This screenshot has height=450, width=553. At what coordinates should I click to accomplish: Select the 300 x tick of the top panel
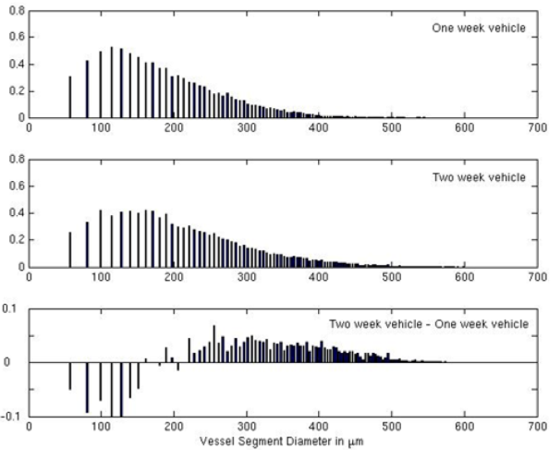coord(246,128)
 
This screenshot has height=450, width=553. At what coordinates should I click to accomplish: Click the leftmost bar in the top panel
coord(70,97)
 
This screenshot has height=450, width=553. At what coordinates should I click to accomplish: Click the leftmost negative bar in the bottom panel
coord(70,376)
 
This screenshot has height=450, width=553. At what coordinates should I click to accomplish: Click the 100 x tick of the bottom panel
coord(101,427)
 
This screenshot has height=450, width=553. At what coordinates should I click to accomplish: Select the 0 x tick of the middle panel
coord(30,277)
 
